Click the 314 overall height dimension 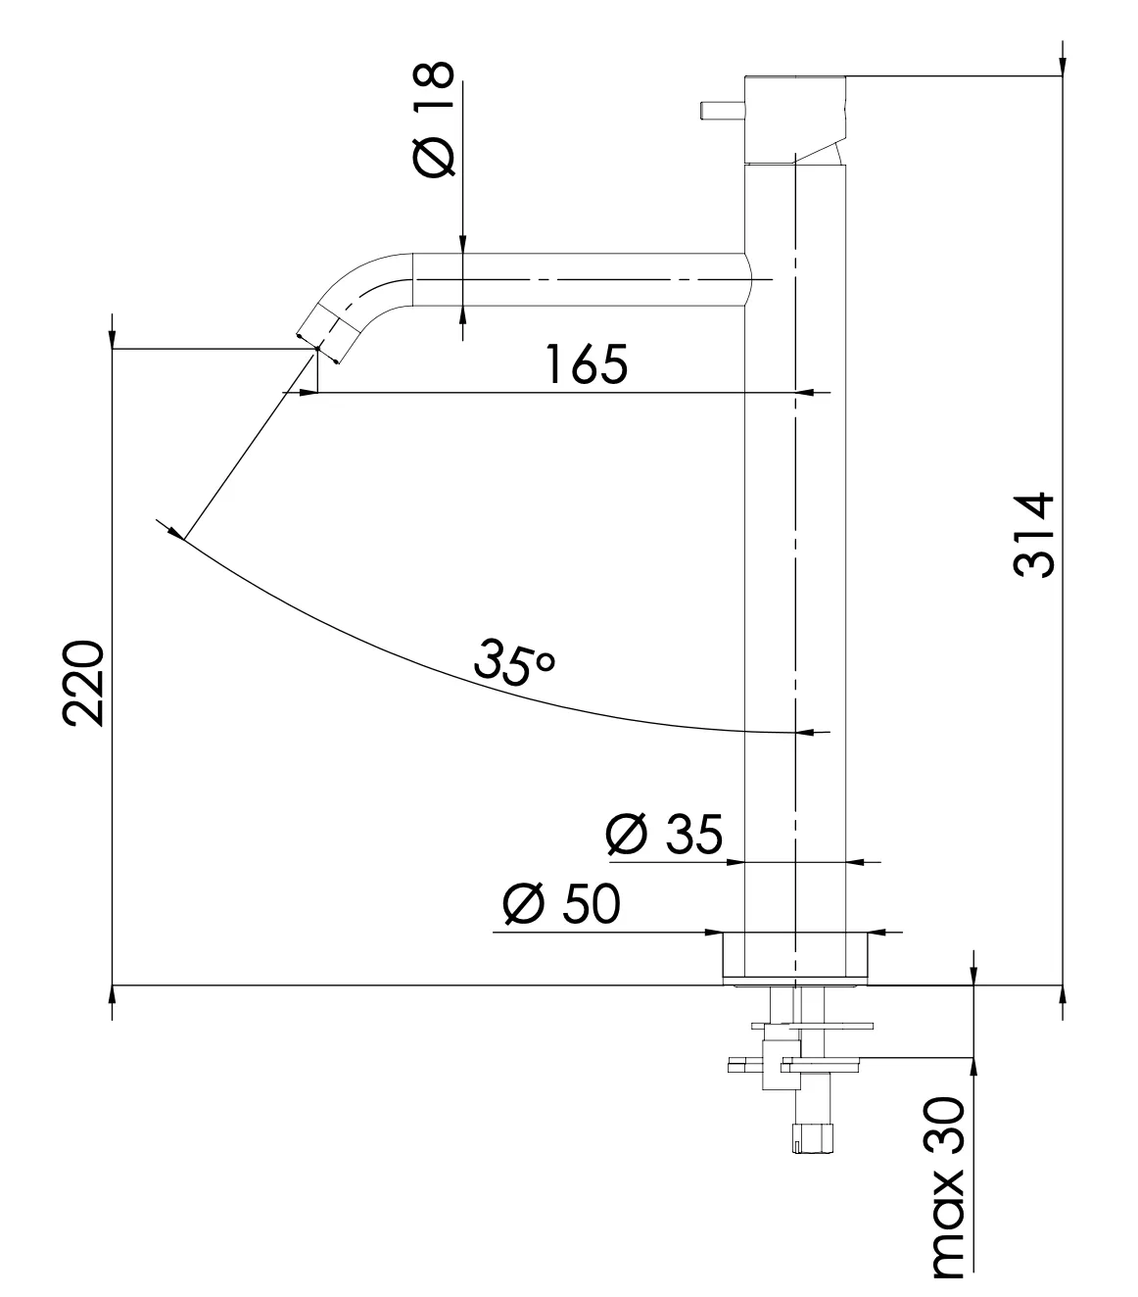1033,534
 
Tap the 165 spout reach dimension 586,364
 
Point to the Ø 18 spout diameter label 434,120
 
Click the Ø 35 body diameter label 664,835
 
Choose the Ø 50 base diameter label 561,904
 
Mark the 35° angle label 513,660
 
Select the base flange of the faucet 794,955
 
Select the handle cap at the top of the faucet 793,117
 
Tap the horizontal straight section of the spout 578,280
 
